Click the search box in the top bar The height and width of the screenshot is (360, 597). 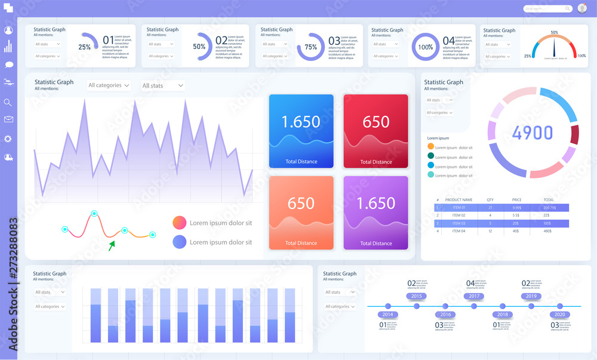(x=547, y=9)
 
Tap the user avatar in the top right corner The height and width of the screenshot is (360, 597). (x=582, y=8)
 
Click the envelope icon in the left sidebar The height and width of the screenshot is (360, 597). (x=8, y=119)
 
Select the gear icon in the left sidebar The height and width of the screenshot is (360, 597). (x=8, y=139)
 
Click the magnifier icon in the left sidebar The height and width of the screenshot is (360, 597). (x=8, y=102)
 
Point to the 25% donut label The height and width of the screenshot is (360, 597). (x=85, y=47)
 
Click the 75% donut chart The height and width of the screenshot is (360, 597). (x=310, y=47)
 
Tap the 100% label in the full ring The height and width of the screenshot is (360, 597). (x=426, y=47)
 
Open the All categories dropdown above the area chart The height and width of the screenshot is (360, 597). (x=109, y=85)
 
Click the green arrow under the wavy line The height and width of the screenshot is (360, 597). (x=112, y=245)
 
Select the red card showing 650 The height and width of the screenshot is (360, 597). (x=376, y=131)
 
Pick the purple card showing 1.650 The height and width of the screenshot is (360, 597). (x=376, y=213)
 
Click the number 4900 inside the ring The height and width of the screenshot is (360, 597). (x=533, y=133)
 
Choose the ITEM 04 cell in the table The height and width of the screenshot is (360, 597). (x=458, y=230)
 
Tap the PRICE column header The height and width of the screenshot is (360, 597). (x=516, y=199)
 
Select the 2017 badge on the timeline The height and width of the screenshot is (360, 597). (x=474, y=296)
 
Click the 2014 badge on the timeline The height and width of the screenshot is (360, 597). (x=388, y=314)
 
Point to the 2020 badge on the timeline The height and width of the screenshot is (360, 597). (x=559, y=314)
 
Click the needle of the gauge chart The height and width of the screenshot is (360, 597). (x=555, y=47)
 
